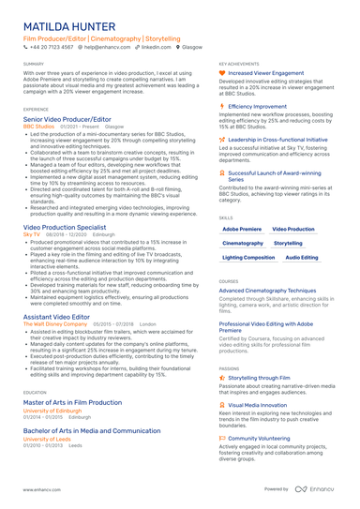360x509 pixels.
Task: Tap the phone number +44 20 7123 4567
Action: (x=50, y=46)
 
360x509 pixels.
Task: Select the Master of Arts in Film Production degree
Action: (x=72, y=402)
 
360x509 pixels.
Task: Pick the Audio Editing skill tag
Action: (x=301, y=256)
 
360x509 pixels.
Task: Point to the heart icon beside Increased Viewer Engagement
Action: (x=221, y=72)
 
